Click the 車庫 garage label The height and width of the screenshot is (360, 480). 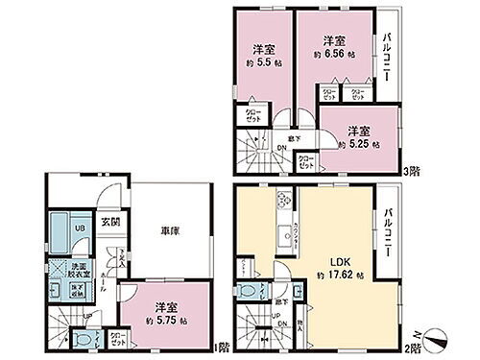(x=158, y=230)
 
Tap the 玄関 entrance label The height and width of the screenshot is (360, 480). (x=111, y=222)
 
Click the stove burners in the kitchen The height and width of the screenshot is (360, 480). (x=286, y=202)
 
